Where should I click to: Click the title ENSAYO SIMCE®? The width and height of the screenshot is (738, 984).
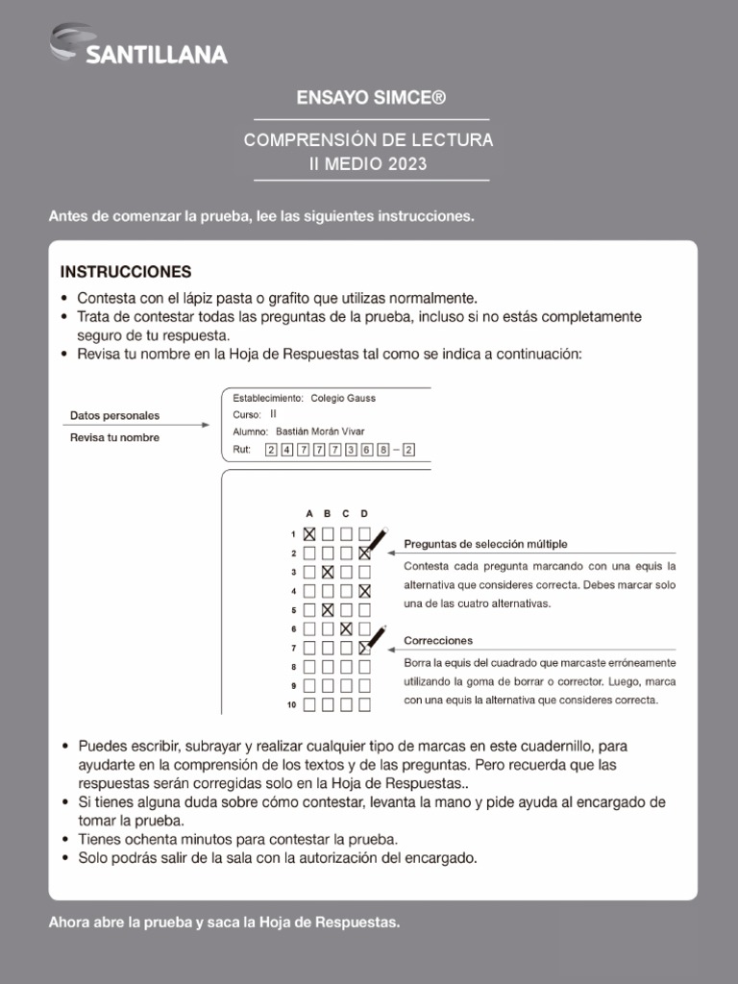point(369,98)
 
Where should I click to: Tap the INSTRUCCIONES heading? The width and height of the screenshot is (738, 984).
point(126,271)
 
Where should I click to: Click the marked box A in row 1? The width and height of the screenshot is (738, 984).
point(309,534)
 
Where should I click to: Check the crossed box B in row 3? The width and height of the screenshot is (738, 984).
point(328,572)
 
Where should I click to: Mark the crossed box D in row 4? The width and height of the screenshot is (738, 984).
point(364,591)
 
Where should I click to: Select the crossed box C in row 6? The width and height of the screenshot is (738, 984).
point(346,628)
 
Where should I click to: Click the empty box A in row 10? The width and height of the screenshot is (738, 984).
point(309,704)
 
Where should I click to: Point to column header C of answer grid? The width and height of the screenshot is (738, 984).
point(346,513)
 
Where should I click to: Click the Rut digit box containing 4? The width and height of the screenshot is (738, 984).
point(286,450)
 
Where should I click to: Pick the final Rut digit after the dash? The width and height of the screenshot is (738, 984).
point(409,450)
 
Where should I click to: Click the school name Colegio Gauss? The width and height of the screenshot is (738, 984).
point(343,398)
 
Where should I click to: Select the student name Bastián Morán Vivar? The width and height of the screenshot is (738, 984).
point(320,431)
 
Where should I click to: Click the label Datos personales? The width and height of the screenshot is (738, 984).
point(114,416)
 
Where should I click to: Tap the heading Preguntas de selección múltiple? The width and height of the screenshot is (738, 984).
point(485,543)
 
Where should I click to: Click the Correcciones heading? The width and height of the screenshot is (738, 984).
point(438,640)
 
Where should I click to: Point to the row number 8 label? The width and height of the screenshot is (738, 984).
point(292,667)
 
